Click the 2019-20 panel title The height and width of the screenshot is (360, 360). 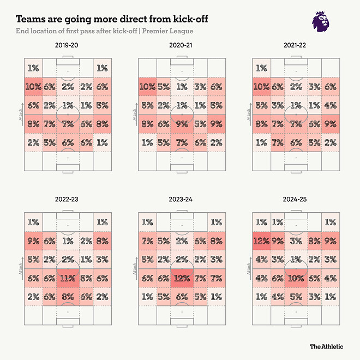click(66, 46)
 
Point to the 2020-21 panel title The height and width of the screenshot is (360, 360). click(181, 46)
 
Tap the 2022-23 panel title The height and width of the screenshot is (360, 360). click(66, 200)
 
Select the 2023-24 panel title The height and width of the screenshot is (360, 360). click(181, 200)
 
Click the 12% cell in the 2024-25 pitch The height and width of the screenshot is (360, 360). click(261, 241)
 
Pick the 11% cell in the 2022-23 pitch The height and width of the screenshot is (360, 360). click(67, 278)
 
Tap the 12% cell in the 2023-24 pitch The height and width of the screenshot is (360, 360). click(181, 278)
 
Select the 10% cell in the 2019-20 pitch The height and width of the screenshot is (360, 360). click(33, 87)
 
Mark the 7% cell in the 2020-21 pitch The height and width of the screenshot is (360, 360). click(181, 142)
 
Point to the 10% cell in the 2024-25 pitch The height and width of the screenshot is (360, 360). click(295, 278)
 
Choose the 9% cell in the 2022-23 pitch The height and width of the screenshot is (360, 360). click(33, 241)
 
